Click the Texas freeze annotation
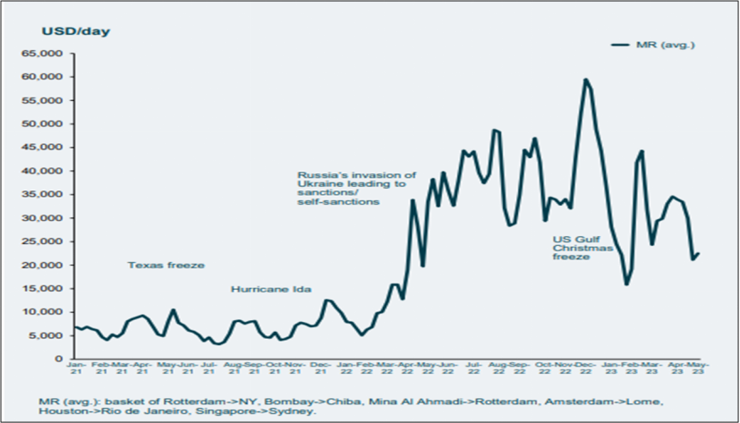coord(166,266)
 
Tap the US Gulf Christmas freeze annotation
coord(583,246)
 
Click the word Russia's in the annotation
coord(319,174)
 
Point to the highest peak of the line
coord(585,80)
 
